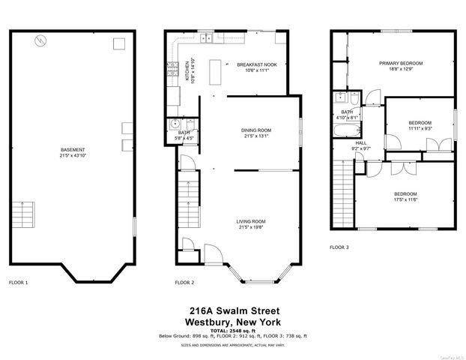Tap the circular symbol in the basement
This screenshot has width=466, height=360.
pyautogui.click(x=40, y=40)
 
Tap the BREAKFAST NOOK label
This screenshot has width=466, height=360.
pyautogui.click(x=257, y=64)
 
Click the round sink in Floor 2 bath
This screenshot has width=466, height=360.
pyautogui.click(x=176, y=125)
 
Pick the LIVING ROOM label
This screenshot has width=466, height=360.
pyautogui.click(x=252, y=221)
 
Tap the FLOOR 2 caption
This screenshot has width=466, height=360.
pyautogui.click(x=184, y=283)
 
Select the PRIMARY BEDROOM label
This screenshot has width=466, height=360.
pyautogui.click(x=401, y=64)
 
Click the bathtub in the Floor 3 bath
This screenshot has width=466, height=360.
pyautogui.click(x=348, y=132)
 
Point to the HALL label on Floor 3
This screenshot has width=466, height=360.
pyautogui.click(x=361, y=142)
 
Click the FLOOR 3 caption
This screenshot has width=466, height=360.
pyautogui.click(x=339, y=247)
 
